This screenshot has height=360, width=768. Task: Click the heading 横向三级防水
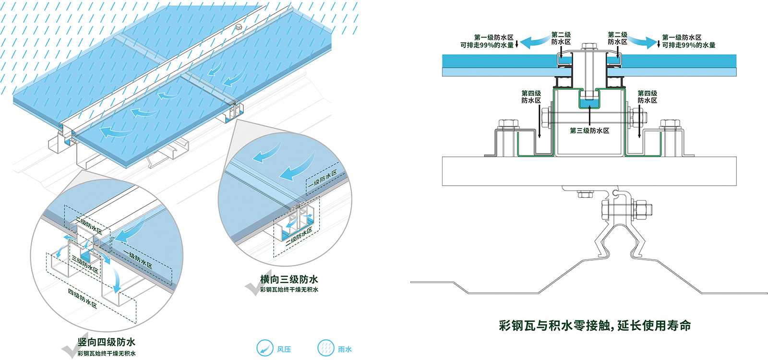point(288,279)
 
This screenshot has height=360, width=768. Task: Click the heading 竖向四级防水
point(106,342)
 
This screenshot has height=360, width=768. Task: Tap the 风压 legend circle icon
point(264,348)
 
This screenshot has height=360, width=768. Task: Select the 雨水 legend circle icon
point(325,348)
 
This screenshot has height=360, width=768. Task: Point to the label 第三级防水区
point(589,131)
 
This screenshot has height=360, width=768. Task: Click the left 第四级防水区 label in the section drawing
point(531,97)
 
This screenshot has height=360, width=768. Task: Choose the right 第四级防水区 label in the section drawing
point(647,97)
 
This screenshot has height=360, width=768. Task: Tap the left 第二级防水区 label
point(561,38)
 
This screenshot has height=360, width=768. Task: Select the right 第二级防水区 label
point(617,38)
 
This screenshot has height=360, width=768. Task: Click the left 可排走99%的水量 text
point(487,45)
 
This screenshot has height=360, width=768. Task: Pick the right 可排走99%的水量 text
point(688,45)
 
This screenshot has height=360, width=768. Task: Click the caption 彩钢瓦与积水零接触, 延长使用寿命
point(595,325)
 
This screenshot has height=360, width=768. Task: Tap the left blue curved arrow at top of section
point(535,41)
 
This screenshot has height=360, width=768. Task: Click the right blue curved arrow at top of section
point(643,41)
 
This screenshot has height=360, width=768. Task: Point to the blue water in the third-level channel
point(589,103)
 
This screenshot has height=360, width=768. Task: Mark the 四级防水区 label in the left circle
point(82,299)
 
